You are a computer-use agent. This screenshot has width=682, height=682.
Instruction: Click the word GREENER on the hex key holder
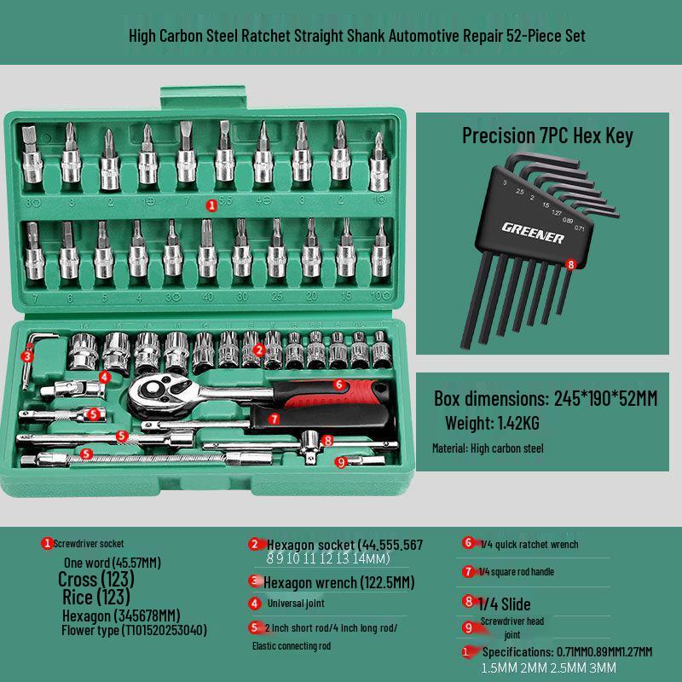click(533, 232)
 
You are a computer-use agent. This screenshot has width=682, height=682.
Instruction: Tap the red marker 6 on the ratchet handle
click(338, 384)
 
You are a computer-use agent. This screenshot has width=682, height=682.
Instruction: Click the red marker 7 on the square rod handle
click(274, 419)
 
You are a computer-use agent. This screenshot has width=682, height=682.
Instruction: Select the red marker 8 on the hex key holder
click(571, 264)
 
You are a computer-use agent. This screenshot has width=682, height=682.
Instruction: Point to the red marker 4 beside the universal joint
click(104, 376)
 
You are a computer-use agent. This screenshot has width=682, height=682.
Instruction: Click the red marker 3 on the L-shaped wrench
click(27, 356)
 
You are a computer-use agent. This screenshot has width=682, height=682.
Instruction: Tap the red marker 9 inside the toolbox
click(341, 462)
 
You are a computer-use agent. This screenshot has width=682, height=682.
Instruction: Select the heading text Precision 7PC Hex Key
click(547, 136)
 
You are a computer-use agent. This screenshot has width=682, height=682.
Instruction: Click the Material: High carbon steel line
click(488, 448)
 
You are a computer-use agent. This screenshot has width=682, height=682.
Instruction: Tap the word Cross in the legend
click(78, 580)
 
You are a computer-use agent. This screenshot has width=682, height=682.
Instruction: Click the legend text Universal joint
click(296, 603)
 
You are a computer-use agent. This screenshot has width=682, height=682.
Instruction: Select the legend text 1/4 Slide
click(505, 604)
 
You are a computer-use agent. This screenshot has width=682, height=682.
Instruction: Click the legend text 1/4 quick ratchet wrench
click(529, 544)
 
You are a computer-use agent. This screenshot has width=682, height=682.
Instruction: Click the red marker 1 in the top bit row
click(211, 205)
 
